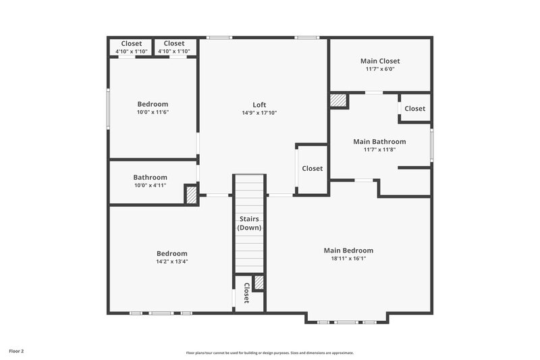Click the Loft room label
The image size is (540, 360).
pyautogui.click(x=259, y=105)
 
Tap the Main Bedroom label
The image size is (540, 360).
pyautogui.click(x=348, y=251)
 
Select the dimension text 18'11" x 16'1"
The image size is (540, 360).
pyautogui.click(x=348, y=259)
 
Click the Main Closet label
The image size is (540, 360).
pyautogui.click(x=379, y=61)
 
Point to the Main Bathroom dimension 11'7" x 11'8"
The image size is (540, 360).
pyautogui.click(x=379, y=150)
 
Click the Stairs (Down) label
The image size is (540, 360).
pyautogui.click(x=249, y=224)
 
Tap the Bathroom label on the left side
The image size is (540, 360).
pyautogui.click(x=150, y=178)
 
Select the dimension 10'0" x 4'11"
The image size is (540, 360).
pyautogui.click(x=150, y=186)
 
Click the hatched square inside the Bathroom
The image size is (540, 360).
pyautogui.click(x=192, y=195)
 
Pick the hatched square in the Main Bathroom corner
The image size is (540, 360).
pyautogui.click(x=338, y=100)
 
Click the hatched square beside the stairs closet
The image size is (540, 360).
pyautogui.click(x=259, y=283)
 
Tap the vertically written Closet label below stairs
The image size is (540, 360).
pyautogui.click(x=246, y=293)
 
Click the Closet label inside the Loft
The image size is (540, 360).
pyautogui.click(x=312, y=169)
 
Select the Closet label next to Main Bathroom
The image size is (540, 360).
pyautogui.click(x=414, y=109)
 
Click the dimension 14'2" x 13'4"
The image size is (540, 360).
pyautogui.click(x=171, y=261)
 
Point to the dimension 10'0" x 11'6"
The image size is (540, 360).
pyautogui.click(x=153, y=113)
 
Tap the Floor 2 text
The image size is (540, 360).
pyautogui.click(x=17, y=351)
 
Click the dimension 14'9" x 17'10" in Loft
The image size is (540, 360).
pyautogui.click(x=259, y=113)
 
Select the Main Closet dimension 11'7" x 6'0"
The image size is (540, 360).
pyautogui.click(x=379, y=69)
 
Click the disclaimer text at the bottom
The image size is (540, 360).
pyautogui.click(x=269, y=353)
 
